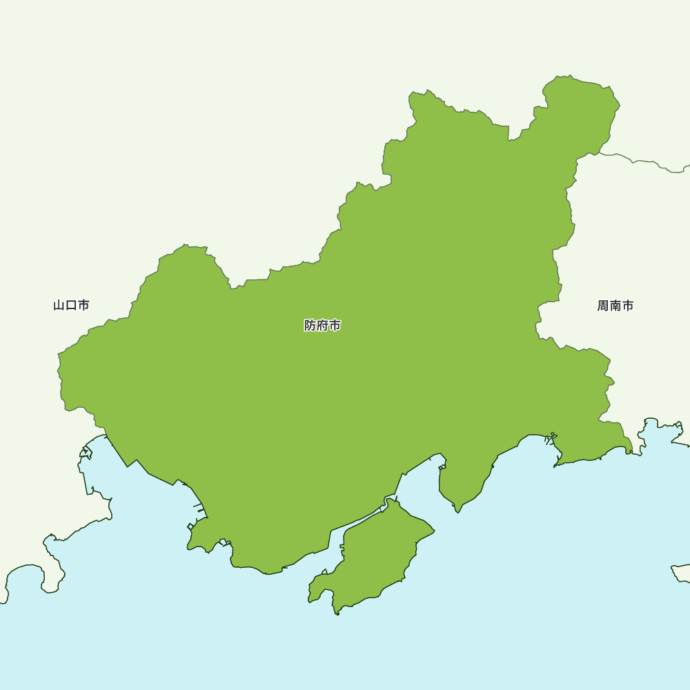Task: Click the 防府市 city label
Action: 322,325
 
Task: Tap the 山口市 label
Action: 71,305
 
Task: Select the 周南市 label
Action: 615,306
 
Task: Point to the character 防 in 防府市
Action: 310,325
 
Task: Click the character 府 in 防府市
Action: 322,325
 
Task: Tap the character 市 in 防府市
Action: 335,325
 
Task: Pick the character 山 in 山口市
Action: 59,305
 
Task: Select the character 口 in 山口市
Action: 71,305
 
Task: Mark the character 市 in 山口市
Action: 83,305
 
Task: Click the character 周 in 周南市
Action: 603,306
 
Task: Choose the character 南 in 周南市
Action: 615,306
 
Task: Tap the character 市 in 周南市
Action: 627,306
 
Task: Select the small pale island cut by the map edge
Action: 682,573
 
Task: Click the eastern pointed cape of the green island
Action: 433,531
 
